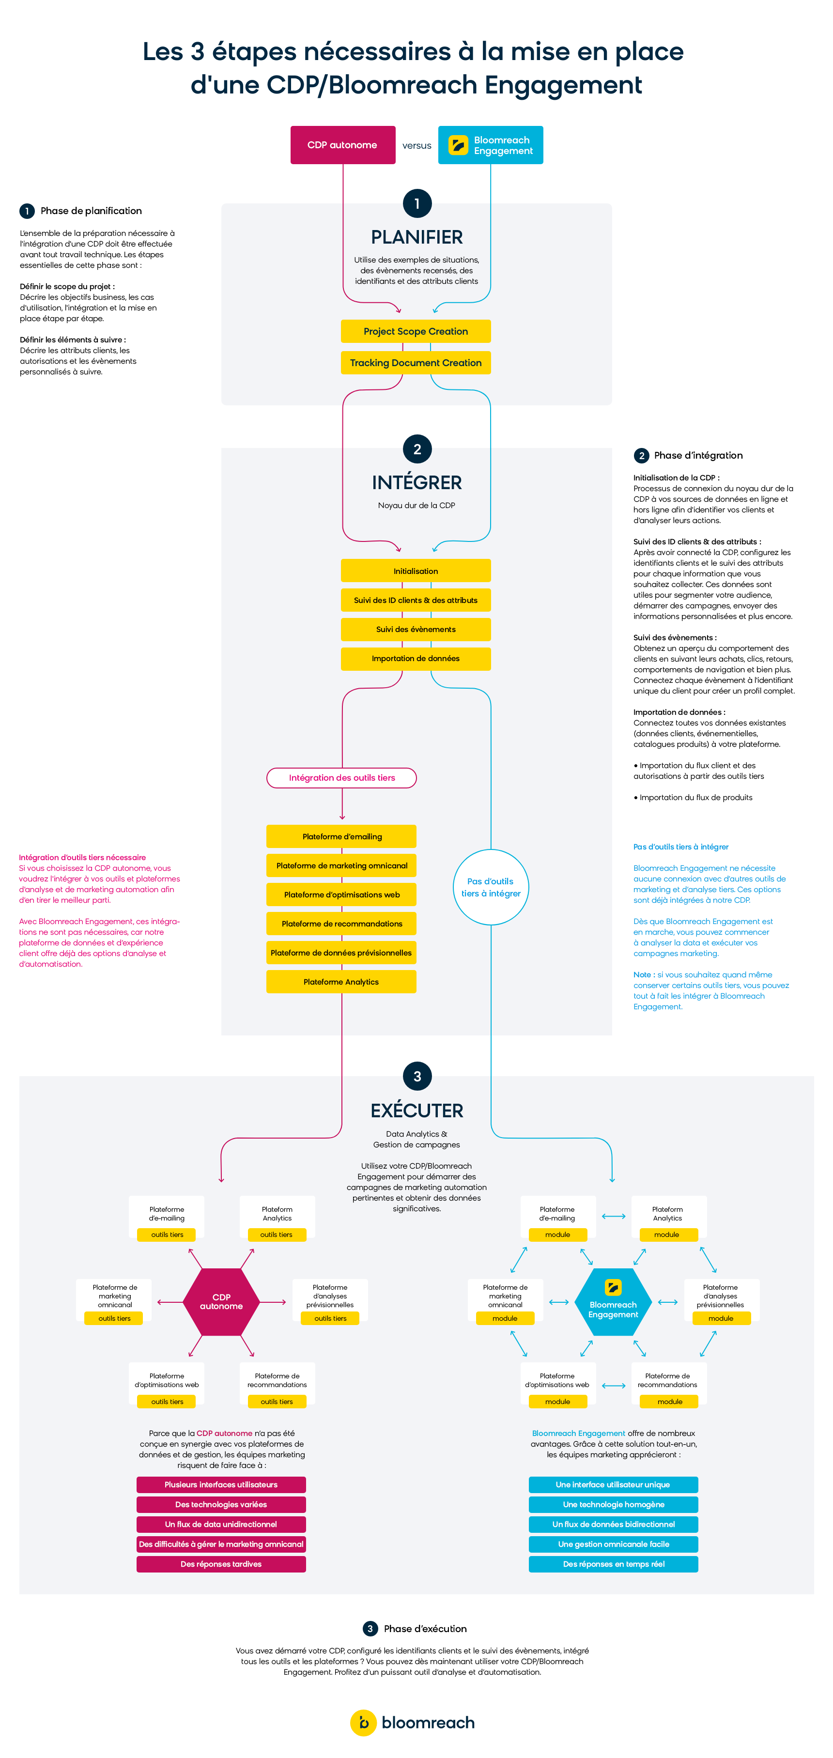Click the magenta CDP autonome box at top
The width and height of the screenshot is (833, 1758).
(342, 145)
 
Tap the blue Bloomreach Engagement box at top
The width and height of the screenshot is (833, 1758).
(491, 145)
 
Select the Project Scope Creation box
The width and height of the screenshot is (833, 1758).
(416, 331)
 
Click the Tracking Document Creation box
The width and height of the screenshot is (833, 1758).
(416, 362)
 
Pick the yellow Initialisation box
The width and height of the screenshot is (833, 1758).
(416, 571)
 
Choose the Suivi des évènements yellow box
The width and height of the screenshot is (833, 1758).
(416, 629)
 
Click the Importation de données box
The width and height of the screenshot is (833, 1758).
(416, 658)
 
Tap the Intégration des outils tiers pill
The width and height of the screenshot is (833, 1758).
(342, 777)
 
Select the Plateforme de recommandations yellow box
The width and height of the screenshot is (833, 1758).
(342, 924)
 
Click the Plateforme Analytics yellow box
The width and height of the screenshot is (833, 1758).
(342, 981)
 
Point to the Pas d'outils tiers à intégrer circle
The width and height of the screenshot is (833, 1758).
(491, 887)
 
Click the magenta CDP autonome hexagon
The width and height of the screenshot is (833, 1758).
(221, 1301)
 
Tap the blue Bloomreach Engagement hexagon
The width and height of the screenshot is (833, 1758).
(613, 1301)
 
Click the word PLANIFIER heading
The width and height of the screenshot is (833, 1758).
(417, 237)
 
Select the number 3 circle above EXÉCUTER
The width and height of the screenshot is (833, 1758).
(417, 1076)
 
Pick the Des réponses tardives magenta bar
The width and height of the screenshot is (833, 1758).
(221, 1563)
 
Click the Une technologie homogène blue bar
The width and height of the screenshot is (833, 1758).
(613, 1504)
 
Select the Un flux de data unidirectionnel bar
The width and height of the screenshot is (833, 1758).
(221, 1524)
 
